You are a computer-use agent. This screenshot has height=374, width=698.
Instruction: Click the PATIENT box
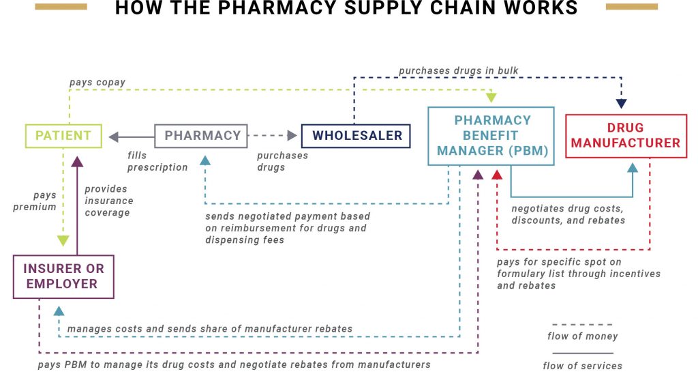click(63, 135)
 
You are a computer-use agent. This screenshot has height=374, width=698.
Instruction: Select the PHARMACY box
click(202, 135)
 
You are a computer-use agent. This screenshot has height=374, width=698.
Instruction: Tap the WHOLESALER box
click(356, 135)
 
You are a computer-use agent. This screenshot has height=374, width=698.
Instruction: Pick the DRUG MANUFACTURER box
click(626, 135)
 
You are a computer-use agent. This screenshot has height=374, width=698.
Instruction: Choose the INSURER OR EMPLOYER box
click(63, 276)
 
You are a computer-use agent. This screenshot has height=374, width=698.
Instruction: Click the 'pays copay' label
click(97, 83)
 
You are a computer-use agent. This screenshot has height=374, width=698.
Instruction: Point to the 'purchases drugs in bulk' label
click(459, 70)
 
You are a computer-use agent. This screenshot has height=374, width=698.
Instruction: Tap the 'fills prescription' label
click(157, 162)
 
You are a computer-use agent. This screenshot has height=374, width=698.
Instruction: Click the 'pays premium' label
click(35, 201)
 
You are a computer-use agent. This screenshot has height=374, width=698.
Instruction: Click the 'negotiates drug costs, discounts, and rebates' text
click(567, 214)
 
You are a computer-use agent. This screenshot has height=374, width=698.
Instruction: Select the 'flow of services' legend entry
click(582, 365)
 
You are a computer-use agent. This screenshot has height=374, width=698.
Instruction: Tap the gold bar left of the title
click(61, 7)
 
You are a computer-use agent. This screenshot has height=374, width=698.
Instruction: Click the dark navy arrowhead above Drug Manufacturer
click(621, 104)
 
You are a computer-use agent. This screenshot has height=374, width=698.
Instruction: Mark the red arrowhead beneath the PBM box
click(497, 174)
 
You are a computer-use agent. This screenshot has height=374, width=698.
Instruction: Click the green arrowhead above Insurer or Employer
click(63, 240)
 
